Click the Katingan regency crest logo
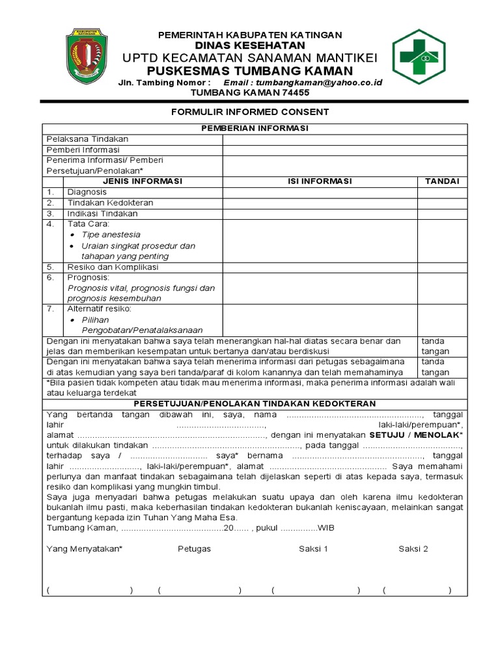pos(90,57)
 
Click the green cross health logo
pos(419,57)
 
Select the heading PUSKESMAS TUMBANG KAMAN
pos(250,70)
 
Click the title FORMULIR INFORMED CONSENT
pos(250,112)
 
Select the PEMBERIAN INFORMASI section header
pos(255,128)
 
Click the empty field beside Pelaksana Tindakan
pos(344,139)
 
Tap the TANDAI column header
pos(442,181)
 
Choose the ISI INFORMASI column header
pos(320,181)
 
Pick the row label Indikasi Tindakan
pos(102,213)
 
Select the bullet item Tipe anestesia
pos(111,234)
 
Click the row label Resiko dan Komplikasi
pos(113,267)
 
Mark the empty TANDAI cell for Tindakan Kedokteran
pos(442,203)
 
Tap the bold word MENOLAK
pos(438,434)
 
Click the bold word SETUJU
pos(388,434)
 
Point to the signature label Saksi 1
pos(313,549)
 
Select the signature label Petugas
pos(194,549)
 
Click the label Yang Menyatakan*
pos(84,549)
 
